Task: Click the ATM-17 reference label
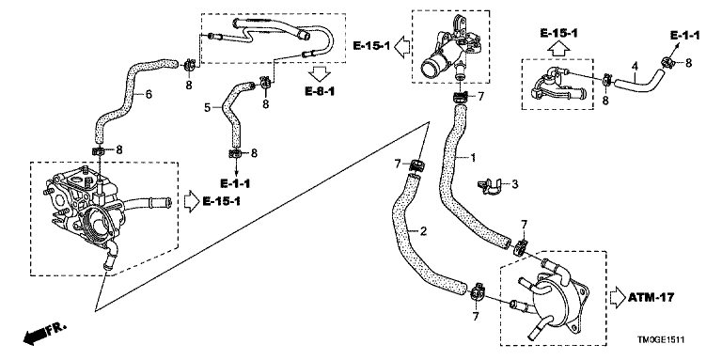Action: tap(651, 297)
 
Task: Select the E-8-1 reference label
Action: tap(320, 91)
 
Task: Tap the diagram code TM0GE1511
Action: tap(661, 339)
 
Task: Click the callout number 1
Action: tap(472, 158)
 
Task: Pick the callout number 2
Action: tap(423, 231)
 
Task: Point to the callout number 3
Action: tap(515, 184)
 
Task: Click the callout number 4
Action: tap(635, 67)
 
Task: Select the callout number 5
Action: tap(207, 108)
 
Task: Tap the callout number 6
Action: tap(149, 94)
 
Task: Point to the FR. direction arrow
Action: tap(44, 335)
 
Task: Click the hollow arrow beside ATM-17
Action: tap(617, 297)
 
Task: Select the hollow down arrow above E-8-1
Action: tap(320, 73)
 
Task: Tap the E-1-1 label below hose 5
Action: tap(235, 183)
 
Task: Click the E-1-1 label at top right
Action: tap(684, 36)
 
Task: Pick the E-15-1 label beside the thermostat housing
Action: tap(371, 45)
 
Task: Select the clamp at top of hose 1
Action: tap(461, 97)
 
